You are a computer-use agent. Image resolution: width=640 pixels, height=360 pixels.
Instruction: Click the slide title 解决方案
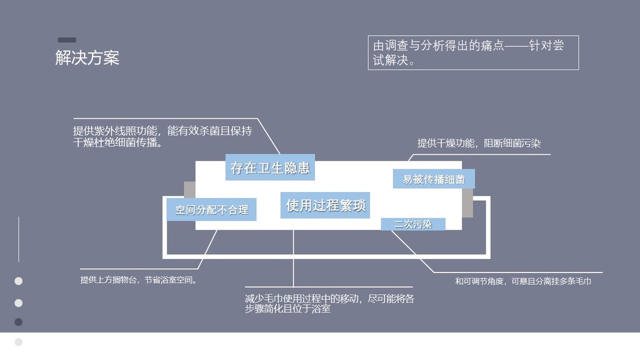pyautogui.click(x=88, y=58)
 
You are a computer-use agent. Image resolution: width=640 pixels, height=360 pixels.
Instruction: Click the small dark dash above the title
pyautogui.click(x=67, y=40)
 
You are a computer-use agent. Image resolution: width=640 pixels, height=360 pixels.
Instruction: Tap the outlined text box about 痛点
pyautogui.click(x=473, y=53)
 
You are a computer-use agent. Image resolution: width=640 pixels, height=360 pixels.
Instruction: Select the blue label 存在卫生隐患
pyautogui.click(x=270, y=167)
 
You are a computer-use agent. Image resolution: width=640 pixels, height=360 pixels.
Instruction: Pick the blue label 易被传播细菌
pyautogui.click(x=433, y=179)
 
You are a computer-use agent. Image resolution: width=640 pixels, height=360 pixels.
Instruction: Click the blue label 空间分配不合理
pyautogui.click(x=211, y=210)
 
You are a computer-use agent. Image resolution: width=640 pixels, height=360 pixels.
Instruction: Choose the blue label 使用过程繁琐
pyautogui.click(x=324, y=205)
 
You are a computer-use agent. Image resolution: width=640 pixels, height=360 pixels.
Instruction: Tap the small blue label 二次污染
pyautogui.click(x=413, y=224)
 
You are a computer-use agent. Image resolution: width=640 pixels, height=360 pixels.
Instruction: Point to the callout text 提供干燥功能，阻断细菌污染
pyautogui.click(x=479, y=143)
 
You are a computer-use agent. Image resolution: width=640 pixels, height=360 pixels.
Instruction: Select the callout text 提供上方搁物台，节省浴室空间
pyautogui.click(x=139, y=280)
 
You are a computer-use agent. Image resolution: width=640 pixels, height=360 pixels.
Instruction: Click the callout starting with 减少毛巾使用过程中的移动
pyautogui.click(x=329, y=304)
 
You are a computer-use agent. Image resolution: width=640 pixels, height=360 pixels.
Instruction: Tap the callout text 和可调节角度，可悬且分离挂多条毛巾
pyautogui.click(x=523, y=281)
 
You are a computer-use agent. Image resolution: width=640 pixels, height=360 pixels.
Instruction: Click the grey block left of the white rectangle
pyautogui.click(x=190, y=190)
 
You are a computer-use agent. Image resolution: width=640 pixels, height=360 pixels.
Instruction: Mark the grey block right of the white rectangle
pyautogui.click(x=467, y=203)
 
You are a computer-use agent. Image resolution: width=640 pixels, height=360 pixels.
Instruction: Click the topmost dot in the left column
pyautogui.click(x=19, y=281)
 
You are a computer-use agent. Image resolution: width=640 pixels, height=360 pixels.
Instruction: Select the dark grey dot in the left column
pyautogui.click(x=19, y=322)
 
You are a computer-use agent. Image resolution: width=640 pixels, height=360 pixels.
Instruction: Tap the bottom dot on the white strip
pyautogui.click(x=19, y=342)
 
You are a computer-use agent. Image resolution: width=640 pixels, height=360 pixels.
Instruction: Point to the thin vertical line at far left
pyautogui.click(x=19, y=239)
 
